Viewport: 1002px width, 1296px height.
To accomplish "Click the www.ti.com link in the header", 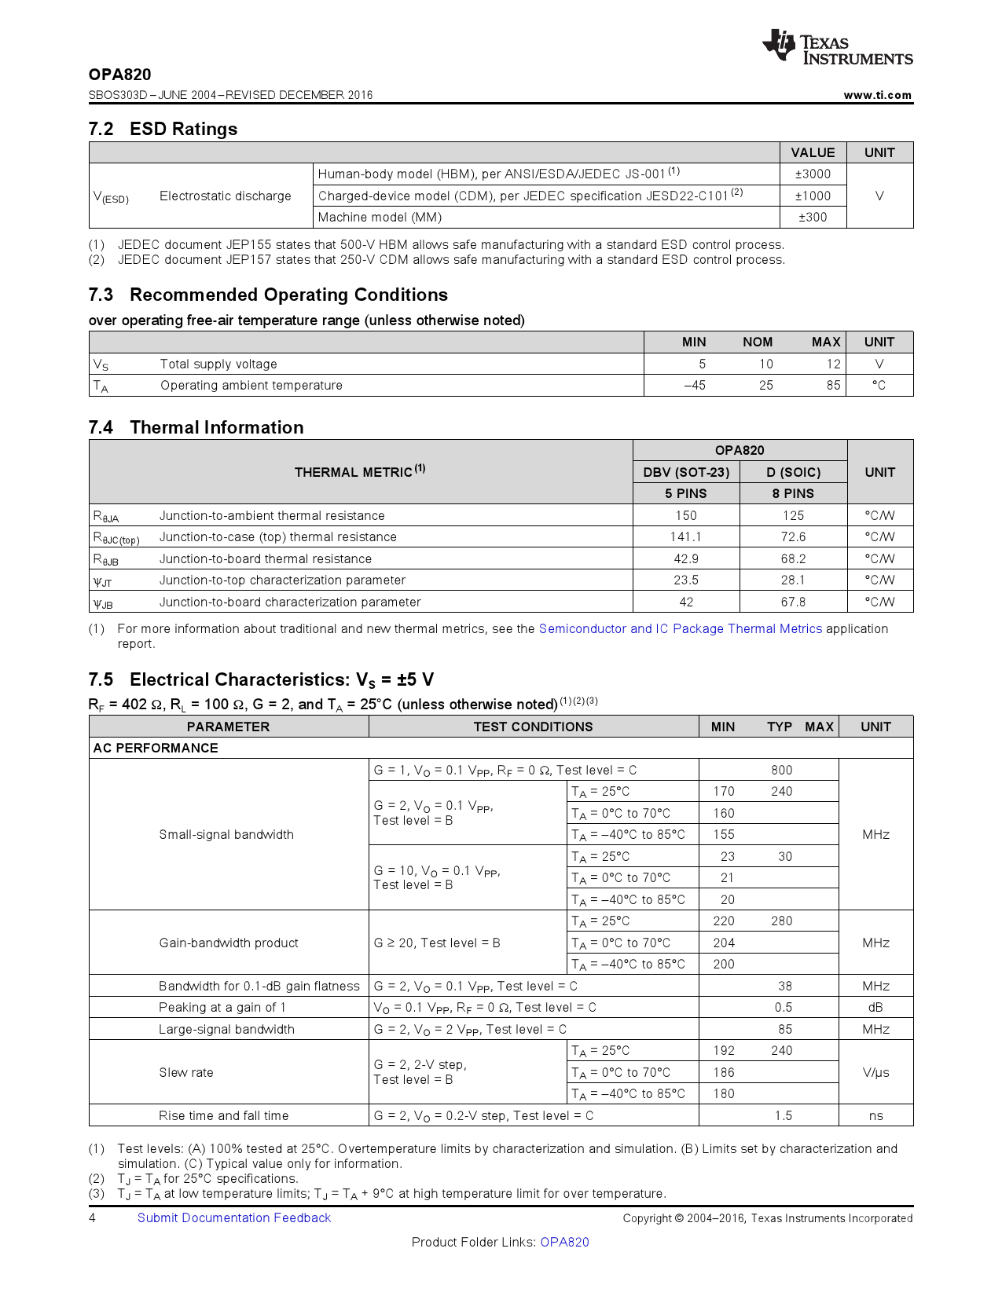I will [877, 95].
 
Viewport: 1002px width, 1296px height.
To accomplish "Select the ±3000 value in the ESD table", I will [813, 174].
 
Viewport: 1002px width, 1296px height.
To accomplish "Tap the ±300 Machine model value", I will [813, 218].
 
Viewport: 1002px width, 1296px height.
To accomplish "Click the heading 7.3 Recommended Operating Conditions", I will [268, 295].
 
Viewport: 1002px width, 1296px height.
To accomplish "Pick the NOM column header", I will [758, 342].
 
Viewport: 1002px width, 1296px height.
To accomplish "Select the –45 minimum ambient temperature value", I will [694, 386].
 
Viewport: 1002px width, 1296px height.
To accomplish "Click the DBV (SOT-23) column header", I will [686, 472].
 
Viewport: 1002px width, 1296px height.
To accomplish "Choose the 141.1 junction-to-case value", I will [686, 537].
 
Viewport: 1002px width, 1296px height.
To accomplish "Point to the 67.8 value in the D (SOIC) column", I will [793, 602].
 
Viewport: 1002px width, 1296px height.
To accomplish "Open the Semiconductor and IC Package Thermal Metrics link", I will [680, 629].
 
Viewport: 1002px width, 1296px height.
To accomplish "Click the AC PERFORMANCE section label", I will [156, 749].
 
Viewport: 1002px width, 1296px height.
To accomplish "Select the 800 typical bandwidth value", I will [781, 771].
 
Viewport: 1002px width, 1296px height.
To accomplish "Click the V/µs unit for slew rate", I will [875, 1073].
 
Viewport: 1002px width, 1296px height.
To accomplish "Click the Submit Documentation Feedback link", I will [234, 1218].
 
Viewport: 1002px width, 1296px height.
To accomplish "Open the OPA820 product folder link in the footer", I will [564, 1243].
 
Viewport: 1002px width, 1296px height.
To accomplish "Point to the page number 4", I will [93, 1218].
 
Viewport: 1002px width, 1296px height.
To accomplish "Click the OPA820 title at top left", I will [119, 75].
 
